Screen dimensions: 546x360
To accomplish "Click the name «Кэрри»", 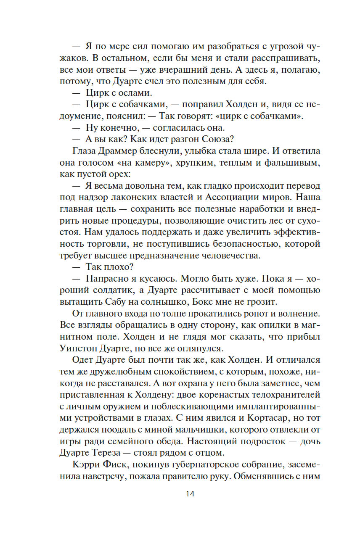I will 88,466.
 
